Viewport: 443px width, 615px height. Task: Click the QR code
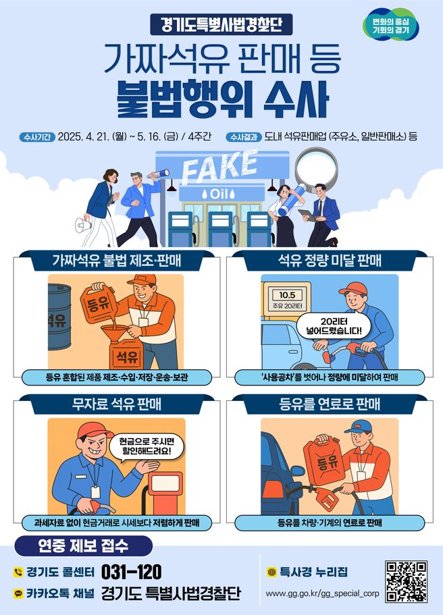tap(406, 581)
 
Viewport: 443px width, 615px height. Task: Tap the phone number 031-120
tap(131, 572)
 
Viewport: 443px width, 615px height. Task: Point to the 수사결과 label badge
tap(245, 136)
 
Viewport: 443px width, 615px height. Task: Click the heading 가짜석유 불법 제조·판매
tap(115, 261)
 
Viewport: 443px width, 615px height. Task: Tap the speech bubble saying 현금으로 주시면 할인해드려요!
tap(145, 446)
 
